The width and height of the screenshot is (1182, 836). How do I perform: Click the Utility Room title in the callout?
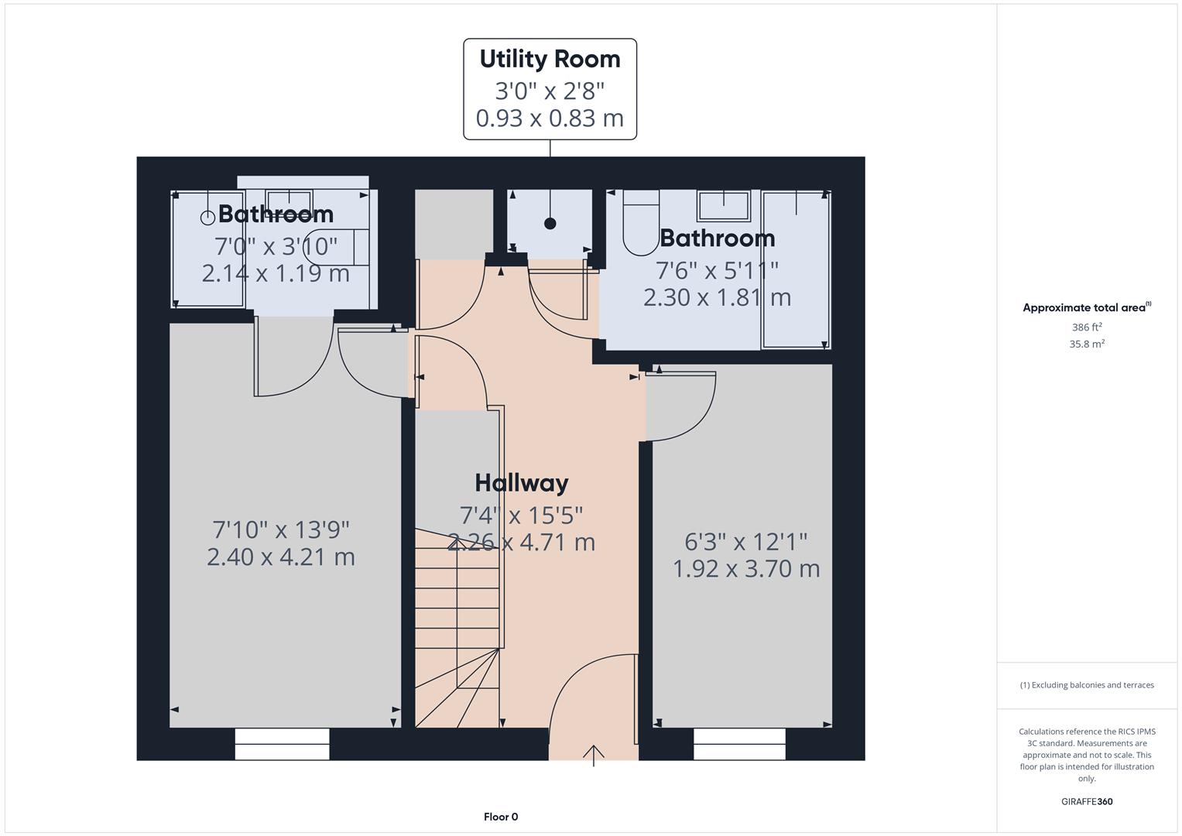pos(550,60)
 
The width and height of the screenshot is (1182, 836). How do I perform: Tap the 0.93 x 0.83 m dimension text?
pos(550,118)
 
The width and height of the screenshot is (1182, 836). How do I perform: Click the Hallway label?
pos(521,483)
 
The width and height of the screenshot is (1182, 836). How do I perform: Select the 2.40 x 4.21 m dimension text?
pos(281,557)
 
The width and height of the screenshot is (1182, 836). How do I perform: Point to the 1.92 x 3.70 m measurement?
pos(746,569)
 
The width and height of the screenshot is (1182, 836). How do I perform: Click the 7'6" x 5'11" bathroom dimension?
pos(717,270)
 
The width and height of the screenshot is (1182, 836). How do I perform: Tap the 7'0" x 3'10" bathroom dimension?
pos(276,246)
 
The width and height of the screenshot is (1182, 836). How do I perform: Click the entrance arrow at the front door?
pos(594,754)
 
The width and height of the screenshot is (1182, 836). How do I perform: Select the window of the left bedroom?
pos(282,744)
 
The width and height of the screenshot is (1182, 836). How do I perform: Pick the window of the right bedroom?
pos(739,744)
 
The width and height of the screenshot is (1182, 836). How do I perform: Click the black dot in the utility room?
pos(550,224)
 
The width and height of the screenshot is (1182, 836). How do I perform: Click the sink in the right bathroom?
pos(723,206)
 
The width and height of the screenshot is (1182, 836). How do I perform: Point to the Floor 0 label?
pos(501,817)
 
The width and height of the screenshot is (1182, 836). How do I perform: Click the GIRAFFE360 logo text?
pos(1087,802)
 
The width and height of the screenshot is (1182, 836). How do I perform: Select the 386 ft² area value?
pos(1087,327)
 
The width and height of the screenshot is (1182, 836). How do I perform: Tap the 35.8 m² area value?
pos(1087,344)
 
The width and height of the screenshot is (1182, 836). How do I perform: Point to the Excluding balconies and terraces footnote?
pos(1087,685)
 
